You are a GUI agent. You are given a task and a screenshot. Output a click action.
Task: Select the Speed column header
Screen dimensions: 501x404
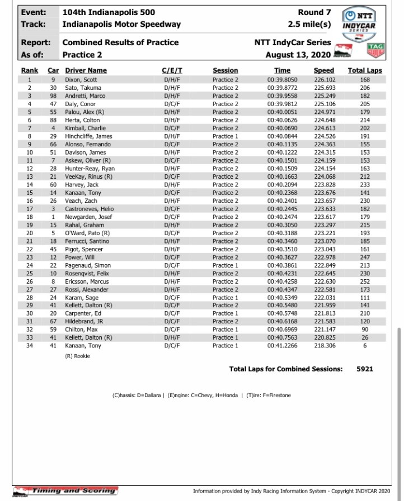pyautogui.click(x=324, y=70)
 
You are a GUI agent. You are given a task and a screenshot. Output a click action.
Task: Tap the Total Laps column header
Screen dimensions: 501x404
pyautogui.click(x=364, y=70)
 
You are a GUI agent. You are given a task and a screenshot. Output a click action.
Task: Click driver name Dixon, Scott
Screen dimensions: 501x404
pyautogui.click(x=81, y=80)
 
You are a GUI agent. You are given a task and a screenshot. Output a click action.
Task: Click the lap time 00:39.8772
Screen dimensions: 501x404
pyautogui.click(x=283, y=88)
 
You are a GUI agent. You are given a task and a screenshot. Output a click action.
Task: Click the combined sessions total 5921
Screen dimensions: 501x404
pyautogui.click(x=364, y=369)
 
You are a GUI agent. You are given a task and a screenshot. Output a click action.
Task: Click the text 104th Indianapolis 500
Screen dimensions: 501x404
pyautogui.click(x=109, y=12)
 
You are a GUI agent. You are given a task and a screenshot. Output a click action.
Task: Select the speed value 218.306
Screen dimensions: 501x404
pyautogui.click(x=324, y=345)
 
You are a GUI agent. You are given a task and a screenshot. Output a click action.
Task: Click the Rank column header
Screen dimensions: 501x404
pyautogui.click(x=30, y=70)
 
